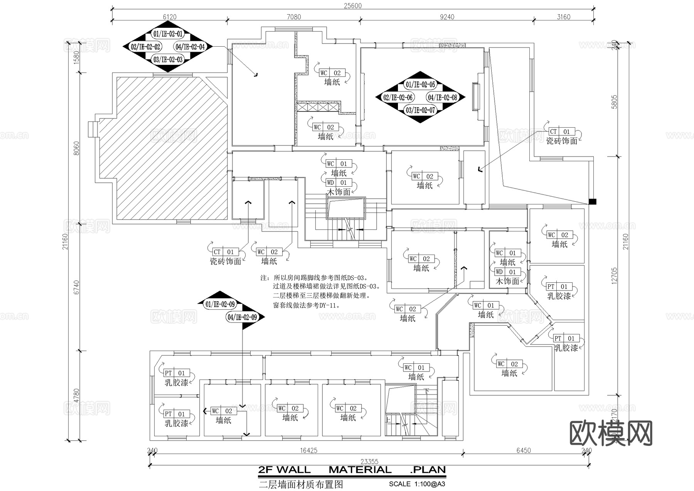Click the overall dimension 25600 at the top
(353, 6)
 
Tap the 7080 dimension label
(294, 17)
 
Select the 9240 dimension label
(447, 17)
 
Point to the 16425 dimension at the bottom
(308, 451)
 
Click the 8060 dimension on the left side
(76, 148)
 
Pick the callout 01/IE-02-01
(168, 34)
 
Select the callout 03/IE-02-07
(420, 110)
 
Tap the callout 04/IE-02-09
(242, 317)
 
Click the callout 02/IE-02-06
(398, 98)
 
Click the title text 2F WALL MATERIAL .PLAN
(352, 470)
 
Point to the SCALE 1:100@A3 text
(417, 484)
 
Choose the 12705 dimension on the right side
(615, 276)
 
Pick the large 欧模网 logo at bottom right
(611, 433)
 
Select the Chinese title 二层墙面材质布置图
(301, 484)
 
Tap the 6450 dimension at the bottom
(523, 451)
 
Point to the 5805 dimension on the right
(615, 102)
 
